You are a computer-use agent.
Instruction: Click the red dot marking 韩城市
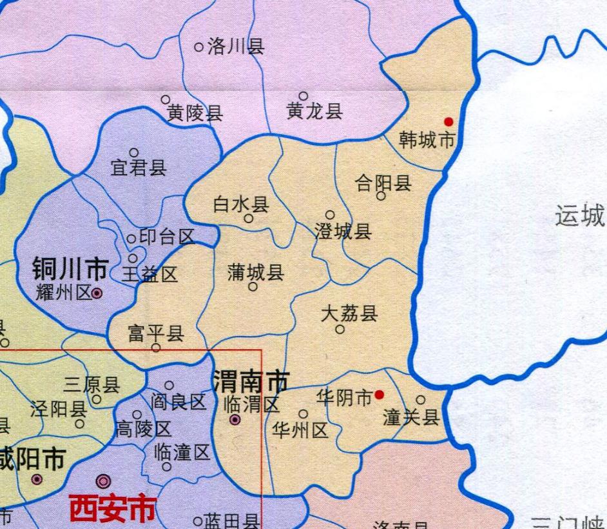[x=448, y=121]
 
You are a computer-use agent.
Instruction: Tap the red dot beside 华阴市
[x=380, y=395]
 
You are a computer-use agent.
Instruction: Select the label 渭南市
[x=251, y=383]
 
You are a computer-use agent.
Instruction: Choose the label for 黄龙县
[x=314, y=112]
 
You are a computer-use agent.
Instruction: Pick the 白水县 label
[x=241, y=205]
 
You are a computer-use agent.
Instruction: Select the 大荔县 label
[x=349, y=314]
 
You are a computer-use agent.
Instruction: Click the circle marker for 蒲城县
[x=253, y=286]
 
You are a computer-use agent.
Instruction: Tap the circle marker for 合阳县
[x=381, y=195]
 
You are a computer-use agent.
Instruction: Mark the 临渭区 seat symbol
[x=236, y=420]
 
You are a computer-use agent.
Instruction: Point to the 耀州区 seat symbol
[x=97, y=293]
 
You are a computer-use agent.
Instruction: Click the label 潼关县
[x=411, y=417]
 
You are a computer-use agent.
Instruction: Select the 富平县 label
[x=156, y=334]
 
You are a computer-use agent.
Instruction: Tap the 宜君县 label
[x=139, y=168]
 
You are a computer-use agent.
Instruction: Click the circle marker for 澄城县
[x=330, y=215]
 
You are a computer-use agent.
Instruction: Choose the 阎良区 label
[x=178, y=402]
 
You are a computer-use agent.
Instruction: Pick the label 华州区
[x=300, y=429]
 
